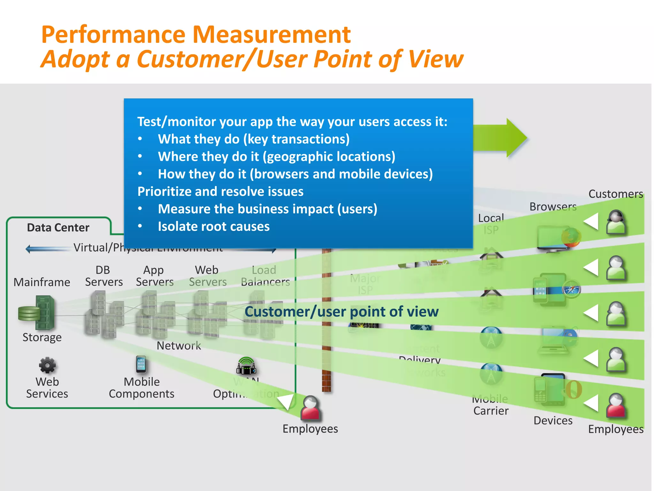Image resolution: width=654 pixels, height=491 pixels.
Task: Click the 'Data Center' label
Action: (58, 228)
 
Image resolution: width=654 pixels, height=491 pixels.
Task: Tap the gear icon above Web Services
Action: (47, 365)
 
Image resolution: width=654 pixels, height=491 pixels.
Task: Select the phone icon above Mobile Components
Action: (141, 364)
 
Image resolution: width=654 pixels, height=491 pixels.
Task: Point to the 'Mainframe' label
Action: (42, 282)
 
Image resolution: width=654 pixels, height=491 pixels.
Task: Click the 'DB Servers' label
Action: (104, 276)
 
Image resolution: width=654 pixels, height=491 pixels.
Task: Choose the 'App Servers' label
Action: (155, 276)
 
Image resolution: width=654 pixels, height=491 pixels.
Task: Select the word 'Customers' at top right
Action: (615, 194)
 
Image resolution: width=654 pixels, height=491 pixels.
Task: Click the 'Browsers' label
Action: (553, 207)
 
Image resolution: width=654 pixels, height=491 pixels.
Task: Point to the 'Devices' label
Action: (553, 420)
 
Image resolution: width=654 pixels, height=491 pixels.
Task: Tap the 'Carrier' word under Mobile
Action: (491, 411)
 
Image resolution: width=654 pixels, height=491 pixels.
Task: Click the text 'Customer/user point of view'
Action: (341, 312)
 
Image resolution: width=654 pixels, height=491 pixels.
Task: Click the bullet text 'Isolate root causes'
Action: (214, 226)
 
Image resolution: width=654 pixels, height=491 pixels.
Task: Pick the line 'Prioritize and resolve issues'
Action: (220, 191)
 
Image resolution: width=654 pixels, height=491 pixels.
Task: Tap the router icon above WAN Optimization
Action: (246, 366)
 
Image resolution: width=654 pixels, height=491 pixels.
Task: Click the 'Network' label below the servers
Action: (179, 346)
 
